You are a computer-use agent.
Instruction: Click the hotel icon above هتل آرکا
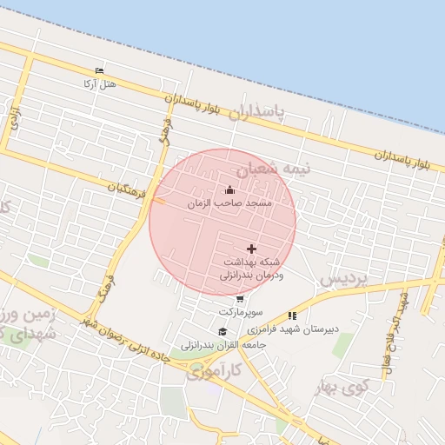(x=99, y=70)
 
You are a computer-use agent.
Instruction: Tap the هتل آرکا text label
(x=99, y=83)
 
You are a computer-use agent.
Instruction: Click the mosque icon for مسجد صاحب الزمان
(x=229, y=189)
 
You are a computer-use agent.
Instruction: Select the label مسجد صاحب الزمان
(x=229, y=203)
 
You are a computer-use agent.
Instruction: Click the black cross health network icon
(x=252, y=249)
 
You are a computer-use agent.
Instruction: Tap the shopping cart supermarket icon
(x=240, y=299)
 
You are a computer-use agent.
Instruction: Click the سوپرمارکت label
(x=240, y=311)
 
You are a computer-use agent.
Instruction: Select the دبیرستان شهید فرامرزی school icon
(x=292, y=315)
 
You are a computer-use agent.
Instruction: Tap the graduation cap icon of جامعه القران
(x=222, y=331)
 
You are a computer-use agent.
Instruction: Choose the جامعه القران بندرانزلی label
(x=222, y=344)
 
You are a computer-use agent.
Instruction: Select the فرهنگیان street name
(x=128, y=186)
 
